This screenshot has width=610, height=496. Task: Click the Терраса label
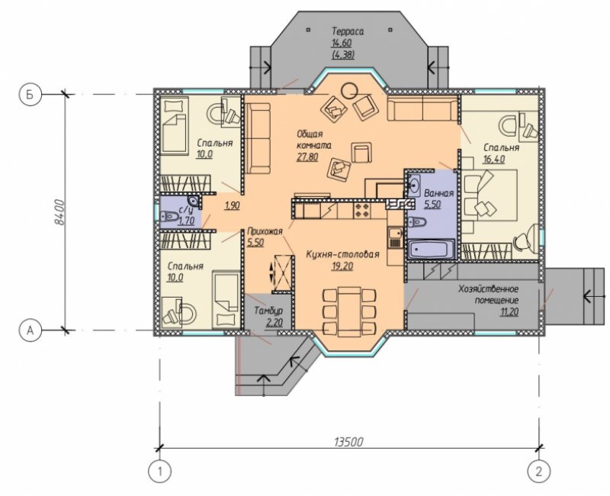(348, 31)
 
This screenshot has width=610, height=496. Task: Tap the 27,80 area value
(307, 157)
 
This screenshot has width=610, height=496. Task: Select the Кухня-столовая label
(342, 255)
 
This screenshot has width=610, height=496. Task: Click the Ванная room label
(439, 194)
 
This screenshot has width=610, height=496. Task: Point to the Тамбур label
(268, 311)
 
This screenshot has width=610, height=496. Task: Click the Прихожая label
(265, 232)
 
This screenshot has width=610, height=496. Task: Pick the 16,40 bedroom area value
(494, 159)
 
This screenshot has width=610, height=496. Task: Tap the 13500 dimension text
(348, 442)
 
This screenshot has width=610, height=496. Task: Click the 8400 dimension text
(59, 212)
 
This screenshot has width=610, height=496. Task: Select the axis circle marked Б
(29, 94)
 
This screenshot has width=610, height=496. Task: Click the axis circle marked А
(29, 330)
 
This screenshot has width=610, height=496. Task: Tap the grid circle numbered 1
(159, 472)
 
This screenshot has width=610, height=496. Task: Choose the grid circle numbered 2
(539, 472)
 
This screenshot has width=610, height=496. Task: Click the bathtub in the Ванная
(431, 250)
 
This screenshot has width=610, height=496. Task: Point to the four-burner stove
(361, 211)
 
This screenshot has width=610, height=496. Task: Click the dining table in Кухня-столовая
(349, 311)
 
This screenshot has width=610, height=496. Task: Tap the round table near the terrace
(349, 91)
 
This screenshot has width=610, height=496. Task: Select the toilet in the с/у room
(168, 216)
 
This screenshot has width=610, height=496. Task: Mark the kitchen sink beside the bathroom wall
(395, 237)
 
